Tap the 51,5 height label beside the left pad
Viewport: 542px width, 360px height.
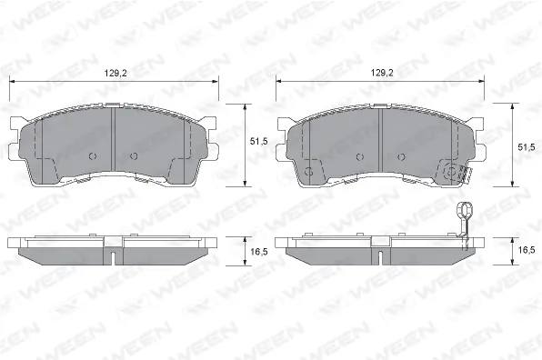point(258,141)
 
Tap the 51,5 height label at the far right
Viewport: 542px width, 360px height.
point(527,147)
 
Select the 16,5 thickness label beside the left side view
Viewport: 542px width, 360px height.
point(259,252)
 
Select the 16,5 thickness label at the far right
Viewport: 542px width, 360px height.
point(527,250)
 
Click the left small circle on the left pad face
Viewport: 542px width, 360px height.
point(93,156)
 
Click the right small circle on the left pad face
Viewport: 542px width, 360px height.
point(134,156)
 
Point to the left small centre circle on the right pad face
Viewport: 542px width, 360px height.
point(360,157)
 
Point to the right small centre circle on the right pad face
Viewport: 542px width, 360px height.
point(401,157)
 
